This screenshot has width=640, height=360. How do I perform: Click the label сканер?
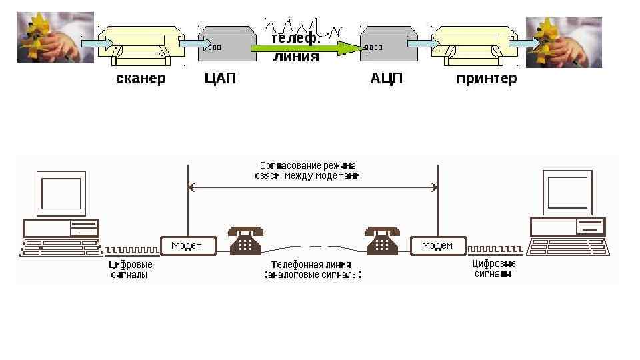pyautogui.click(x=141, y=79)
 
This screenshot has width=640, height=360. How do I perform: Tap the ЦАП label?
pyautogui.click(x=220, y=79)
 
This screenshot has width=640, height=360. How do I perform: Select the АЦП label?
pyautogui.click(x=387, y=79)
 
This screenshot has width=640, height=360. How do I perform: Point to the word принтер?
pyautogui.click(x=486, y=79)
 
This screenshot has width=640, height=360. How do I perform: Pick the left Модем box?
pyautogui.click(x=188, y=245)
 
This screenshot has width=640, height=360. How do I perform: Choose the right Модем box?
pyautogui.click(x=437, y=245)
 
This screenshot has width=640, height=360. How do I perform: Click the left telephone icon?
pyautogui.click(x=246, y=240)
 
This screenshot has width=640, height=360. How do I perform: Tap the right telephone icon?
pyautogui.click(x=383, y=240)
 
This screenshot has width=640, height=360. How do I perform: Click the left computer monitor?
pyautogui.click(x=61, y=193)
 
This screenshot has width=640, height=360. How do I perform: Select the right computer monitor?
pyautogui.click(x=567, y=193)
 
